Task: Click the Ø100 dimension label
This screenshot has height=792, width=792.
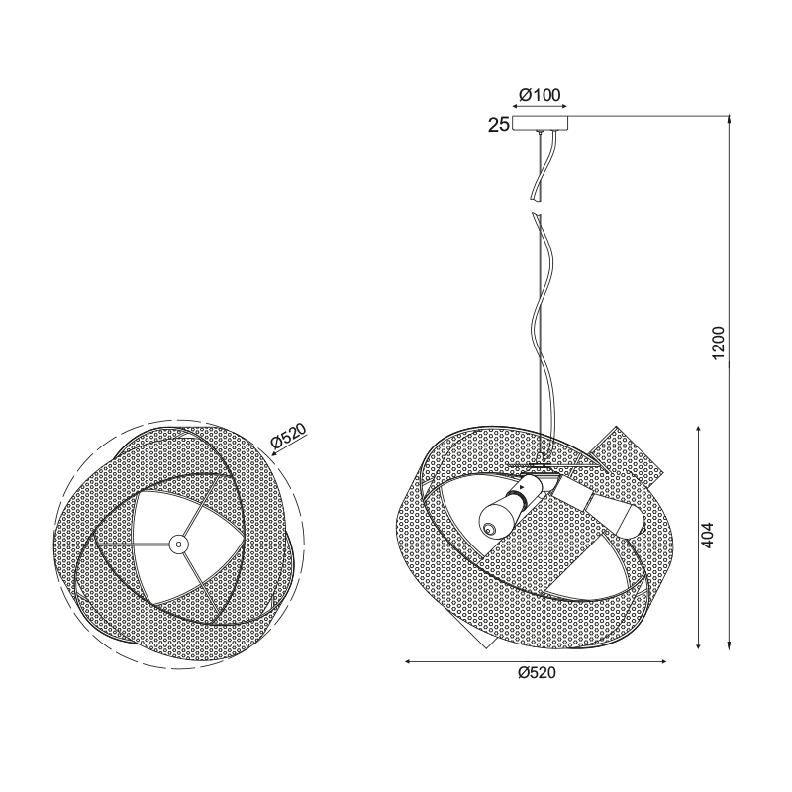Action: (x=540, y=94)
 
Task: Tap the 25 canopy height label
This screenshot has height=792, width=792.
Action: (x=499, y=125)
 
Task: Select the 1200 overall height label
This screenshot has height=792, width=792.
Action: (x=718, y=343)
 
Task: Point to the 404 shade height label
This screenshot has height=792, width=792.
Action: (x=707, y=535)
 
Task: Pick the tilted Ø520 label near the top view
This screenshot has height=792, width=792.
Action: (x=289, y=437)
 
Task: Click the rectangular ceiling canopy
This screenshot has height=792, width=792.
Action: (x=540, y=123)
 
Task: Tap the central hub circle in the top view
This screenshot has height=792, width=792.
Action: (x=178, y=544)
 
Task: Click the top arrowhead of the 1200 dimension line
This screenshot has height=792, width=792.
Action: (x=729, y=119)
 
